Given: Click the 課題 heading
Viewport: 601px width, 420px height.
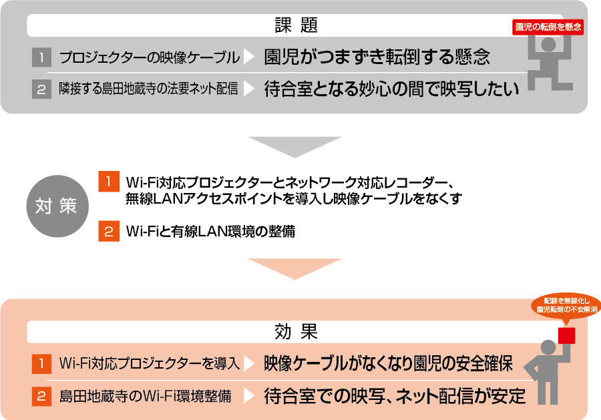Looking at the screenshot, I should tap(294, 26).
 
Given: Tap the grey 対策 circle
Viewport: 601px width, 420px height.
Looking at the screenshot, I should tap(56, 205).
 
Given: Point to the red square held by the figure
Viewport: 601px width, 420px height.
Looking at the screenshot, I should tap(567, 335).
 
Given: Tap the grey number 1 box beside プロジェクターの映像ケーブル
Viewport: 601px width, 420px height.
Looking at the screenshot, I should tap(41, 57).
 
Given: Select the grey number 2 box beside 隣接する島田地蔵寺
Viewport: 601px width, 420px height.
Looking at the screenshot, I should tap(41, 89).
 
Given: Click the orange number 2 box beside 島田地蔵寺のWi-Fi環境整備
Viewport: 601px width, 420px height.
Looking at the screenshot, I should tap(41, 396).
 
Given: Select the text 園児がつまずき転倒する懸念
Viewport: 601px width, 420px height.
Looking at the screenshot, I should tap(377, 57).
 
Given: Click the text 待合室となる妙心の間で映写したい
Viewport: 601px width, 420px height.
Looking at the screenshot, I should tap(391, 89).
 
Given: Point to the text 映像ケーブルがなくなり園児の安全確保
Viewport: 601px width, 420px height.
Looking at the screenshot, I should tap(388, 364).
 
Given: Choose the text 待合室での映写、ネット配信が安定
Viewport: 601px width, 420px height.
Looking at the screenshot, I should tap(395, 396).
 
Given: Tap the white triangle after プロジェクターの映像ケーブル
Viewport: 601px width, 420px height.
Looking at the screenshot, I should tap(249, 57).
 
